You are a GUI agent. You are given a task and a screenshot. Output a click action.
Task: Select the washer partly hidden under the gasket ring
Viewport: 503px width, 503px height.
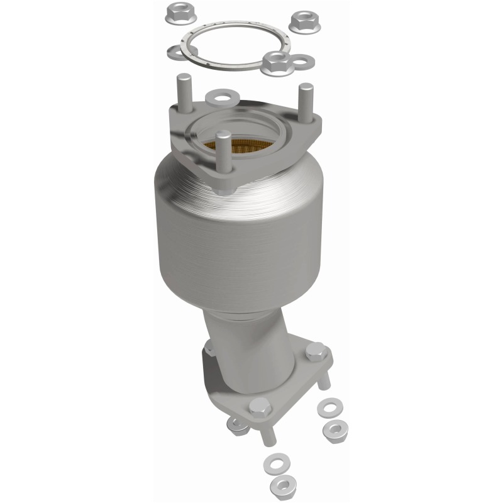pyautogui.click(x=177, y=50)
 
